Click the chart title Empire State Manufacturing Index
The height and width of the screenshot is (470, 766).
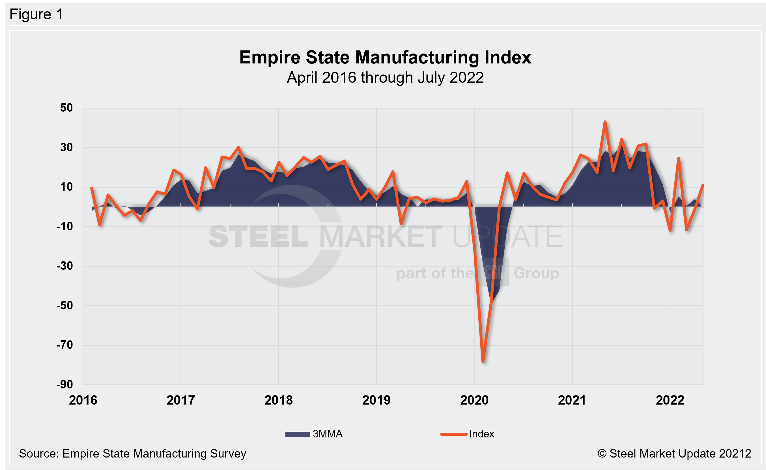385,58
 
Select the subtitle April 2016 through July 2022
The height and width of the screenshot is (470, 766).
385,78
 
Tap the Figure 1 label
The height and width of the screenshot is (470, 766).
36,14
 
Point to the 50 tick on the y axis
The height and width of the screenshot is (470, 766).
66,108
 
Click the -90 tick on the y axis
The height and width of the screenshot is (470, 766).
65,384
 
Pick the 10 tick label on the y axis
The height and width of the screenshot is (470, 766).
66,187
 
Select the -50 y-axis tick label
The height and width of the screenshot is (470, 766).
65,305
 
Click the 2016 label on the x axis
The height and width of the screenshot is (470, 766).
83,400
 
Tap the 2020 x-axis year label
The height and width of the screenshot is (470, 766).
474,400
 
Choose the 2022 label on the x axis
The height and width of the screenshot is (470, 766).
670,400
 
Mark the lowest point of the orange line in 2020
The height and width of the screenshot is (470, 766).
483,362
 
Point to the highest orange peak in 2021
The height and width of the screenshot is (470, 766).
605,122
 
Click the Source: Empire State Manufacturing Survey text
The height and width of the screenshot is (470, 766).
132,454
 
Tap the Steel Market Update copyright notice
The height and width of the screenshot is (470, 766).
674,454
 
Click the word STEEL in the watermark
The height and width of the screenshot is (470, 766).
258,237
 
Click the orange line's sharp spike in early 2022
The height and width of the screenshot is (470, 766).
679,158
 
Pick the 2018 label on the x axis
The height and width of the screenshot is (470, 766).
279,400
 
